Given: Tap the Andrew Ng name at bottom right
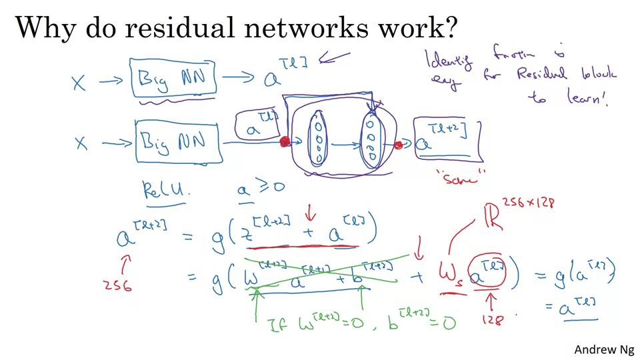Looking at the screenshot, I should coord(604,349).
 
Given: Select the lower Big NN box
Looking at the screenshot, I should coord(178,142).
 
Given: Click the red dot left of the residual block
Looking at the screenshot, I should coord(285,142).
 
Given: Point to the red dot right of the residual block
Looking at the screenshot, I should coord(399,145).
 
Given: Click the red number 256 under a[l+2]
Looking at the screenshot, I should coord(118,285).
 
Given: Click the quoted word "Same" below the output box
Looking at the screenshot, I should coord(460,176).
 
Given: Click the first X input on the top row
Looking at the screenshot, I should coord(79,83).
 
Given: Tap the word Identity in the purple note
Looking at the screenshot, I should coord(448,63).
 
